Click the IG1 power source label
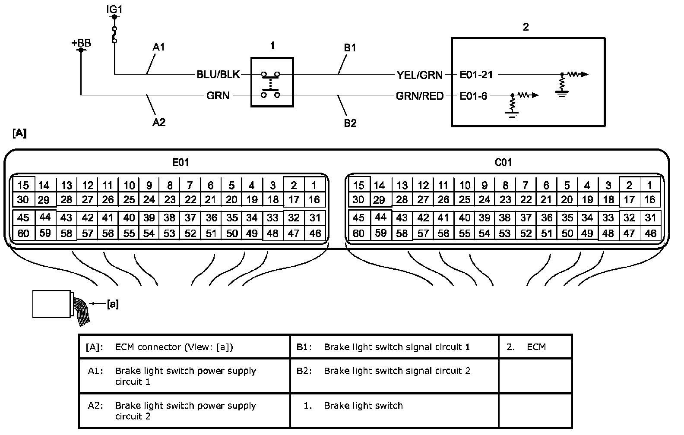point(114,9)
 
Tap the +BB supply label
point(81,43)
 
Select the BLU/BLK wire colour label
point(218,75)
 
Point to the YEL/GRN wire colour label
point(420,75)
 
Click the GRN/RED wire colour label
point(420,96)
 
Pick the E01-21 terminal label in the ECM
point(476,75)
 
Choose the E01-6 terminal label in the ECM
point(473,96)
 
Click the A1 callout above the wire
point(158,47)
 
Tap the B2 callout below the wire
point(350,123)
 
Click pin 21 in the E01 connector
point(211,200)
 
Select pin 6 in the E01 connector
point(211,185)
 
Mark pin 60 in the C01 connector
point(359,233)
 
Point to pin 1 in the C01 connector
point(649,185)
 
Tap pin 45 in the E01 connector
point(23,217)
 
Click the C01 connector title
point(503,162)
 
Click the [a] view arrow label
point(113,304)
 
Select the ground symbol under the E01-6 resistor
point(512,115)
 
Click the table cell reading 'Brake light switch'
point(364,405)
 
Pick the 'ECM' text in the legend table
point(536,347)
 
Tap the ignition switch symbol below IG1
point(114,35)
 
